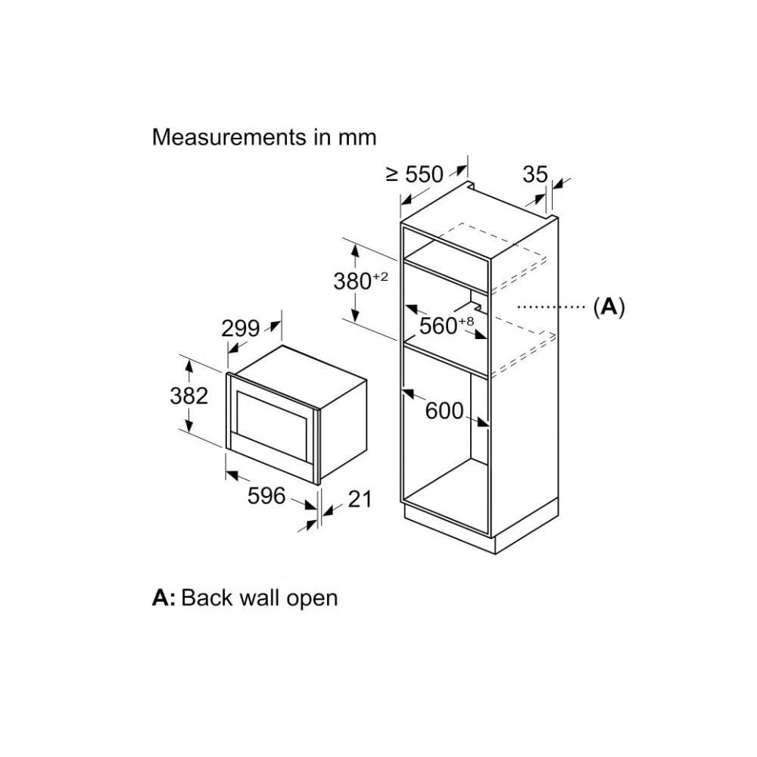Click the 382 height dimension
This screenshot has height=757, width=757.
(188, 396)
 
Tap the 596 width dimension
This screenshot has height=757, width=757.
(266, 496)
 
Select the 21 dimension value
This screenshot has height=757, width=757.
(360, 499)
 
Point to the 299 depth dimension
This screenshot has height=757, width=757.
(241, 329)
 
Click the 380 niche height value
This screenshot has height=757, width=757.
(353, 282)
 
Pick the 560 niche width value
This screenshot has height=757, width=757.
(438, 326)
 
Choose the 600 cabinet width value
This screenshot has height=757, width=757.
(444, 411)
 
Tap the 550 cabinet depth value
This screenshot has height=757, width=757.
(425, 174)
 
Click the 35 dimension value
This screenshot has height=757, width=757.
(535, 174)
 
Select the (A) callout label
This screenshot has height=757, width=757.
(609, 307)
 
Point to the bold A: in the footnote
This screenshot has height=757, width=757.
(164, 598)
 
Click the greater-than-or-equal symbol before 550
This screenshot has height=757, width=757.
(392, 175)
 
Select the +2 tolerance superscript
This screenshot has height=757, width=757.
(380, 276)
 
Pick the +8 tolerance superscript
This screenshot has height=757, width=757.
(466, 322)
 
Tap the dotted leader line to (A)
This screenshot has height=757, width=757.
(551, 307)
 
